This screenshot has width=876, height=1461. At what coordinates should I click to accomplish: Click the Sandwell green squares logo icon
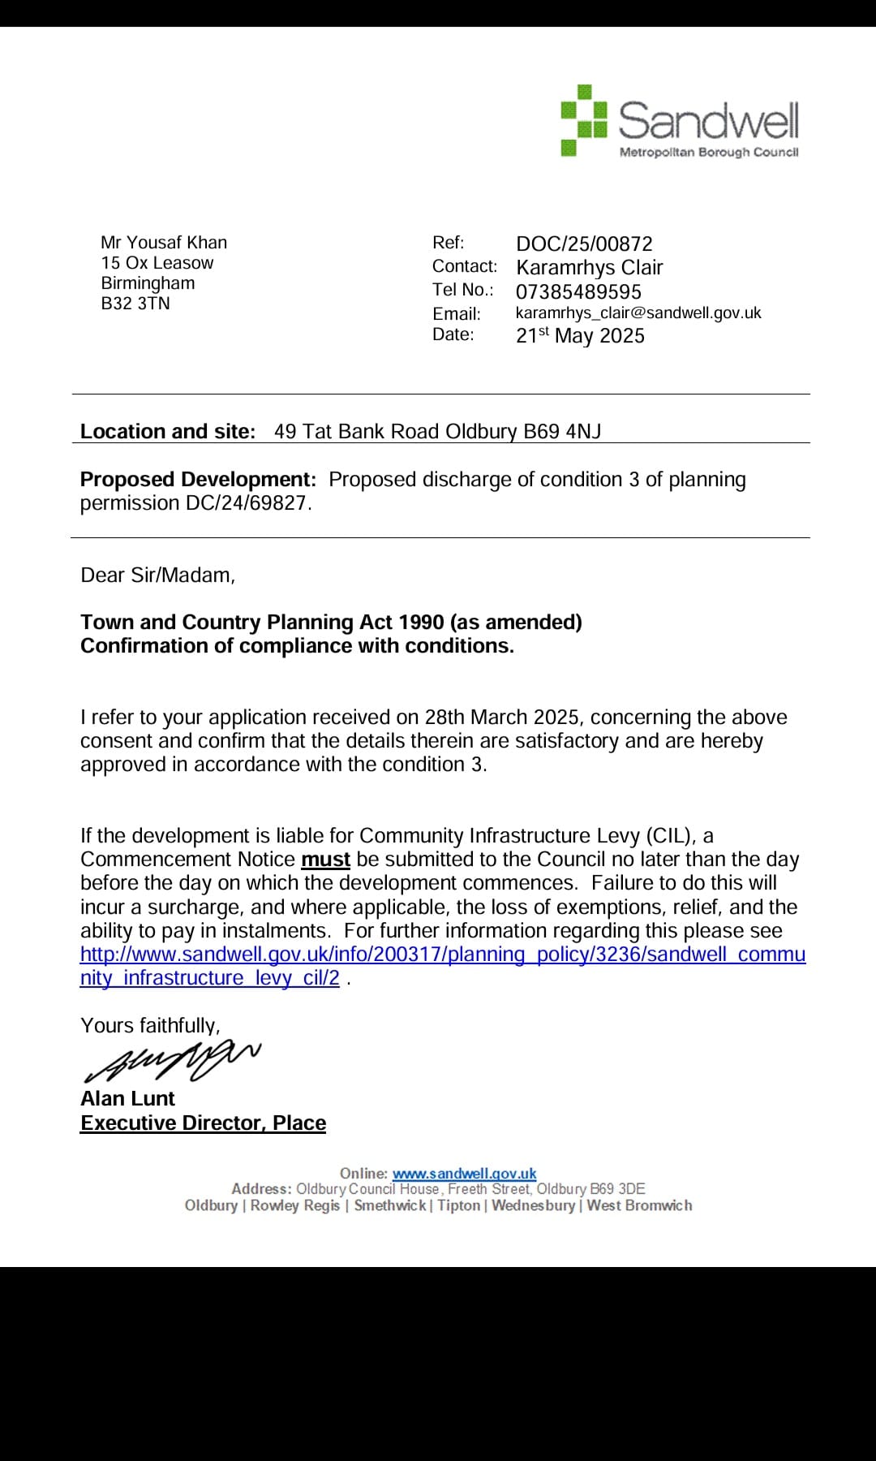click(584, 120)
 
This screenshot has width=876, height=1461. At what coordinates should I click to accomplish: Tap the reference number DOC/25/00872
click(584, 243)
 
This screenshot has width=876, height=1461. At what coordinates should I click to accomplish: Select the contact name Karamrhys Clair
click(590, 268)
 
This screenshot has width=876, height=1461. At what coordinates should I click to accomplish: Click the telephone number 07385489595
click(578, 292)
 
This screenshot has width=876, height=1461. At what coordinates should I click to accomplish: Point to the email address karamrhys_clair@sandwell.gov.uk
click(638, 313)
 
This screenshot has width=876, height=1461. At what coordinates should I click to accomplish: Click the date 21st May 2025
click(580, 336)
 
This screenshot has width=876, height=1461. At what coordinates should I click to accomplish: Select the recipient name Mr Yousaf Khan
click(164, 243)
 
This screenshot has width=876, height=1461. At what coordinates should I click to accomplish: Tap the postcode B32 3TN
click(135, 304)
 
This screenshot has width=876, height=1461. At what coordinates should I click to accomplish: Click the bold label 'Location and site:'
click(168, 432)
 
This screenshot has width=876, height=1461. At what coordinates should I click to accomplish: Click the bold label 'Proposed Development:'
click(198, 480)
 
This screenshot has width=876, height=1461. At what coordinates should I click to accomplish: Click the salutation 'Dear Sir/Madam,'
click(157, 575)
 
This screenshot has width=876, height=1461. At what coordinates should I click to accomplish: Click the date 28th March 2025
click(502, 718)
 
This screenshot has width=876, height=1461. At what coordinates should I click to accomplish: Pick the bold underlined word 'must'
click(325, 860)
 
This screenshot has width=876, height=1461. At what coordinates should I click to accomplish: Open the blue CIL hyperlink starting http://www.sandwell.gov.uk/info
click(443, 955)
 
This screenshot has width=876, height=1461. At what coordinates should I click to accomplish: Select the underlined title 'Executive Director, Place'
click(203, 1123)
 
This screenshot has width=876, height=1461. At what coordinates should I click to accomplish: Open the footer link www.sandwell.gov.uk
click(464, 1174)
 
